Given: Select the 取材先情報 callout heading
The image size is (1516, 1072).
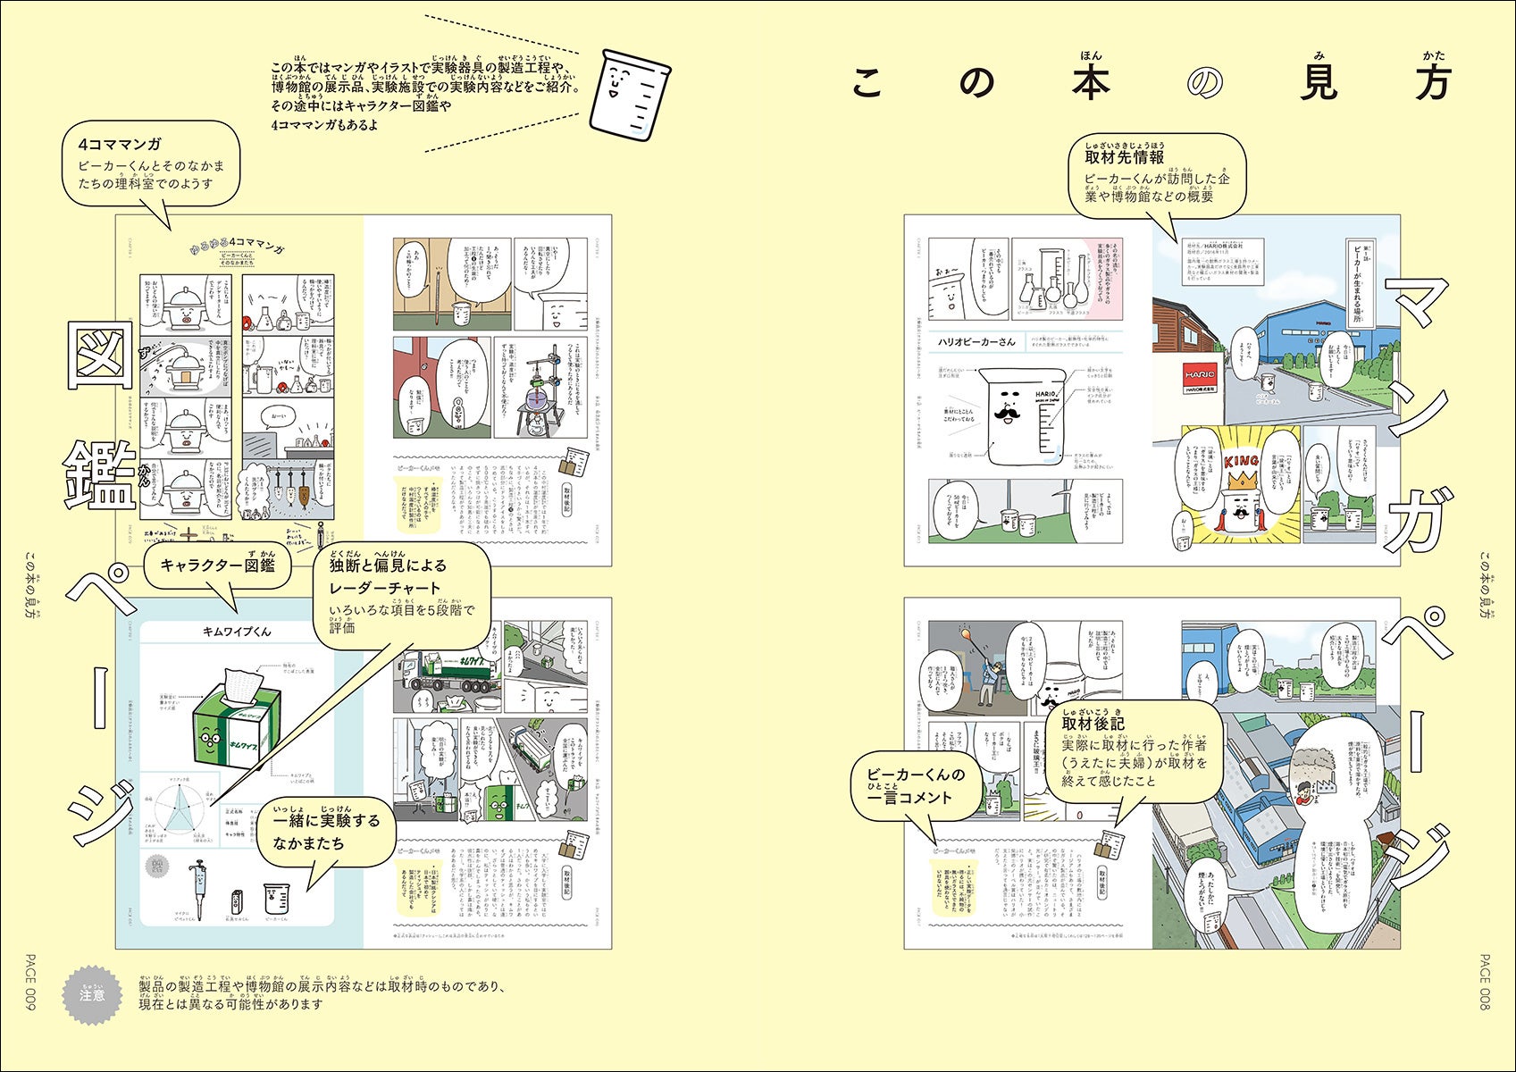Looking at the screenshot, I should (1124, 157).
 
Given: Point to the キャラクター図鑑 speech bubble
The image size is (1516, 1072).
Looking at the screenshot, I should (217, 565).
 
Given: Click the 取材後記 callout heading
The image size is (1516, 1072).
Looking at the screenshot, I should (1093, 723).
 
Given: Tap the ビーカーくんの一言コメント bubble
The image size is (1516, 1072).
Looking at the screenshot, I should (917, 786).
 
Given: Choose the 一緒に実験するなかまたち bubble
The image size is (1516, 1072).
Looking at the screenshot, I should (326, 832).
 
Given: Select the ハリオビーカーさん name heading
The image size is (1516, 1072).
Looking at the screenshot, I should (976, 341).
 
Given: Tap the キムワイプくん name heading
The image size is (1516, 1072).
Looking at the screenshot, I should (237, 632).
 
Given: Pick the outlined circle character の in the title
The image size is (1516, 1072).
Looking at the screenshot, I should (1205, 83).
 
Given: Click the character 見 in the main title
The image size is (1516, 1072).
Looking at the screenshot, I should (1311, 83).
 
